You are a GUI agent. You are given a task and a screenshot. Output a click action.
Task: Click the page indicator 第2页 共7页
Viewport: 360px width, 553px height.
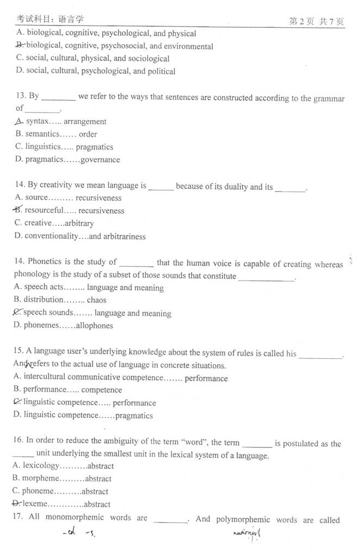pos(316,21)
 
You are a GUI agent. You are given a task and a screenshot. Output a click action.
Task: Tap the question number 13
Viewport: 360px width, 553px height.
pos(21,96)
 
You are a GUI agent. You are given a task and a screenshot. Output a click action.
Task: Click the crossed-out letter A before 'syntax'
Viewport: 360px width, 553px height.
pos(20,121)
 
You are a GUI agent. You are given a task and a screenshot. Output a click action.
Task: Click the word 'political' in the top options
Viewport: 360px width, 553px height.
pos(162,71)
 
